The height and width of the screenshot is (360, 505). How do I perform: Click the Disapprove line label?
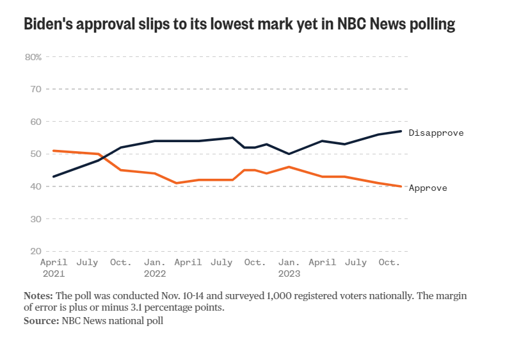436,133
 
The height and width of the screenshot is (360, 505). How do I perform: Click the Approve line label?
428,188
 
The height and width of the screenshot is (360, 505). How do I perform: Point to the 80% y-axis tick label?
33,56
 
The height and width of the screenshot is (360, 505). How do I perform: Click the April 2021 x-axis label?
54,268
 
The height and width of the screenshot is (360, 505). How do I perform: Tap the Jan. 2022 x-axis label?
156,268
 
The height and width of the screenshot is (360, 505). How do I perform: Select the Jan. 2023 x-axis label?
289,268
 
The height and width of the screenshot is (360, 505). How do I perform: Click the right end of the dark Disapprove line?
401,131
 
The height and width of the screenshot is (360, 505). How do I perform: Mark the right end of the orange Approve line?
401,186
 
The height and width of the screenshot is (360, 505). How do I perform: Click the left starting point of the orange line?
54,151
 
